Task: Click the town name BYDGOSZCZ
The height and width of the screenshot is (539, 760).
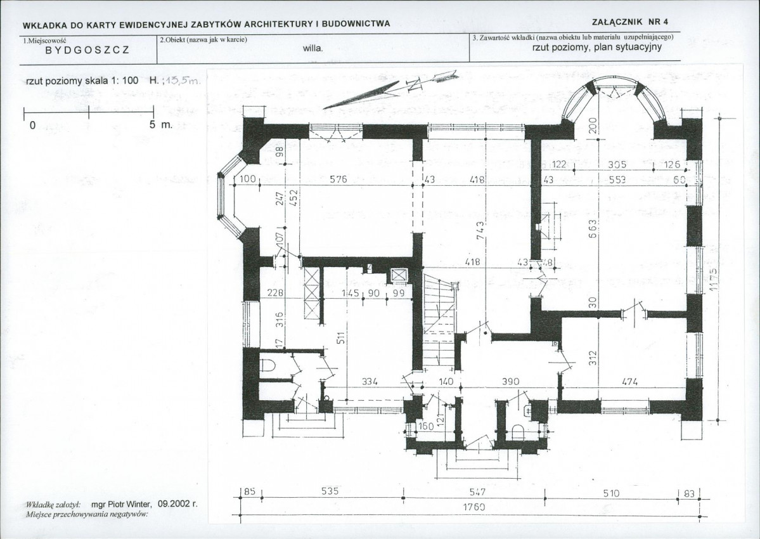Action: tap(87, 51)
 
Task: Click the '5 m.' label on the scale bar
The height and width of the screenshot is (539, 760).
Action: tap(161, 125)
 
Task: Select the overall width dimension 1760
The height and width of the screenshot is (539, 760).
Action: tap(473, 507)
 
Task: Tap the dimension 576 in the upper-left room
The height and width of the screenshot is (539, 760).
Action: tap(338, 179)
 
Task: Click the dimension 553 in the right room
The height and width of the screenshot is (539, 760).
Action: tap(616, 179)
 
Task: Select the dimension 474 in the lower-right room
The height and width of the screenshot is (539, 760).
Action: tap(621, 382)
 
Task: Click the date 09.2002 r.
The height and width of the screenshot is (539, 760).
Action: tap(177, 504)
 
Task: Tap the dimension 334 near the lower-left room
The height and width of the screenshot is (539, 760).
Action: tap(370, 382)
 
